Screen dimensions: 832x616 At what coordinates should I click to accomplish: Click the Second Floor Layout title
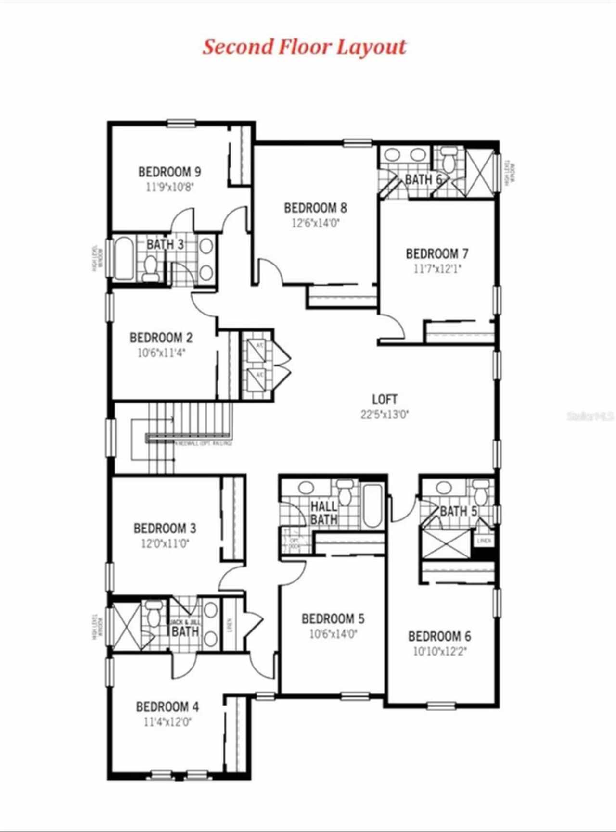point(304,47)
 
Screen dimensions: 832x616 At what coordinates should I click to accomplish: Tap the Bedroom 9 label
point(169,172)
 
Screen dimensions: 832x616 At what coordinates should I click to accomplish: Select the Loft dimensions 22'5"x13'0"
point(385,415)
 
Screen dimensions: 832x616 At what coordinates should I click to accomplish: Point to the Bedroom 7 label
point(436,253)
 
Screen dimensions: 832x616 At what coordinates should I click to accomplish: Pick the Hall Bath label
point(323,513)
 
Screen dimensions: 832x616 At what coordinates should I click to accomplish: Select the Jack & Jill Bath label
point(185,628)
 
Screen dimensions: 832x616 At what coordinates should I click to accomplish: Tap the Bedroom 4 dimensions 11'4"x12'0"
point(167,722)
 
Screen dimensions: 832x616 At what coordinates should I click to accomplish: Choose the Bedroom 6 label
point(439,636)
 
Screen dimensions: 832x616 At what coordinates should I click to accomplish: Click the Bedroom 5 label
point(333,618)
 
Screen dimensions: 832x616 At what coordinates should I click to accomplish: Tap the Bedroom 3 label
point(165,529)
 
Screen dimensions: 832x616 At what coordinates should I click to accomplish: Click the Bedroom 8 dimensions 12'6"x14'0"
point(315,223)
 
